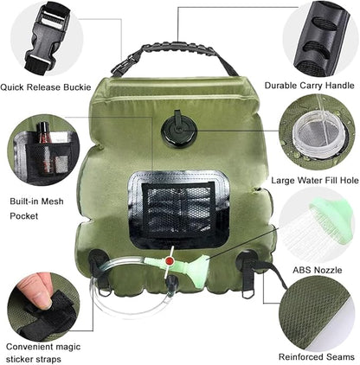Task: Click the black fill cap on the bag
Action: (x=178, y=129)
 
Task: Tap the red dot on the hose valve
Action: (x=169, y=261)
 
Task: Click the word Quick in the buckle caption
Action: (x=12, y=87)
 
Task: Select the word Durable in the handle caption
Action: (x=280, y=86)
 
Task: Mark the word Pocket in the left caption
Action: (x=24, y=215)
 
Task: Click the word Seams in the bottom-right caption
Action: (x=343, y=356)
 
